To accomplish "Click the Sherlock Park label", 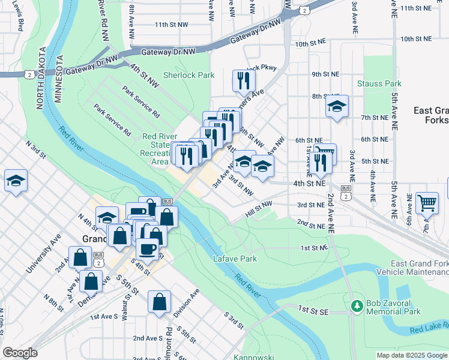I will coord(188,76).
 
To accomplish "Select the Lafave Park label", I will coord(235,259).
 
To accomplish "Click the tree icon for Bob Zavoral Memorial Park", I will coord(357,305).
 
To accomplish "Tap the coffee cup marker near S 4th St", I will coord(147,248).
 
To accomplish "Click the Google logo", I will coord(20,353).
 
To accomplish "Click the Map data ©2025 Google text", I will coord(411,355).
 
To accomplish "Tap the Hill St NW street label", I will coord(259,209).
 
